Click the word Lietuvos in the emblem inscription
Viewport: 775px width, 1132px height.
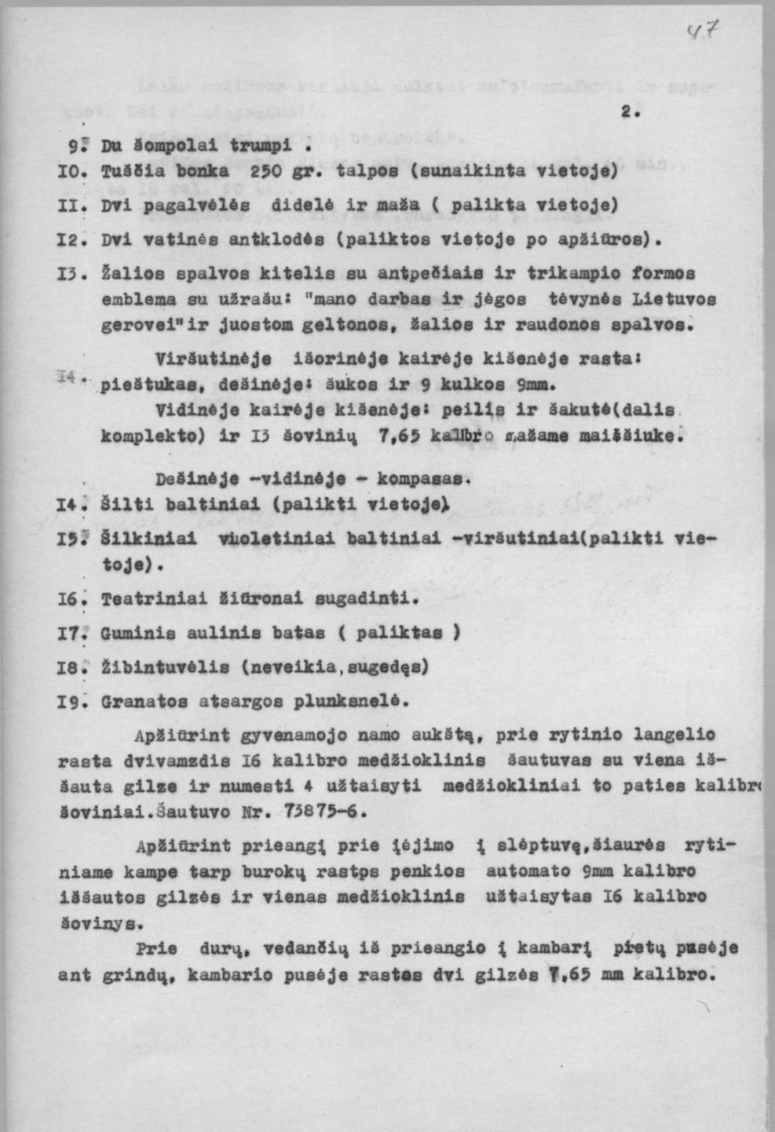tap(674, 299)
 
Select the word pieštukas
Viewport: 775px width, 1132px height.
tap(137, 386)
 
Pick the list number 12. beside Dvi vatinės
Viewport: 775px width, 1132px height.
tap(71, 236)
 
